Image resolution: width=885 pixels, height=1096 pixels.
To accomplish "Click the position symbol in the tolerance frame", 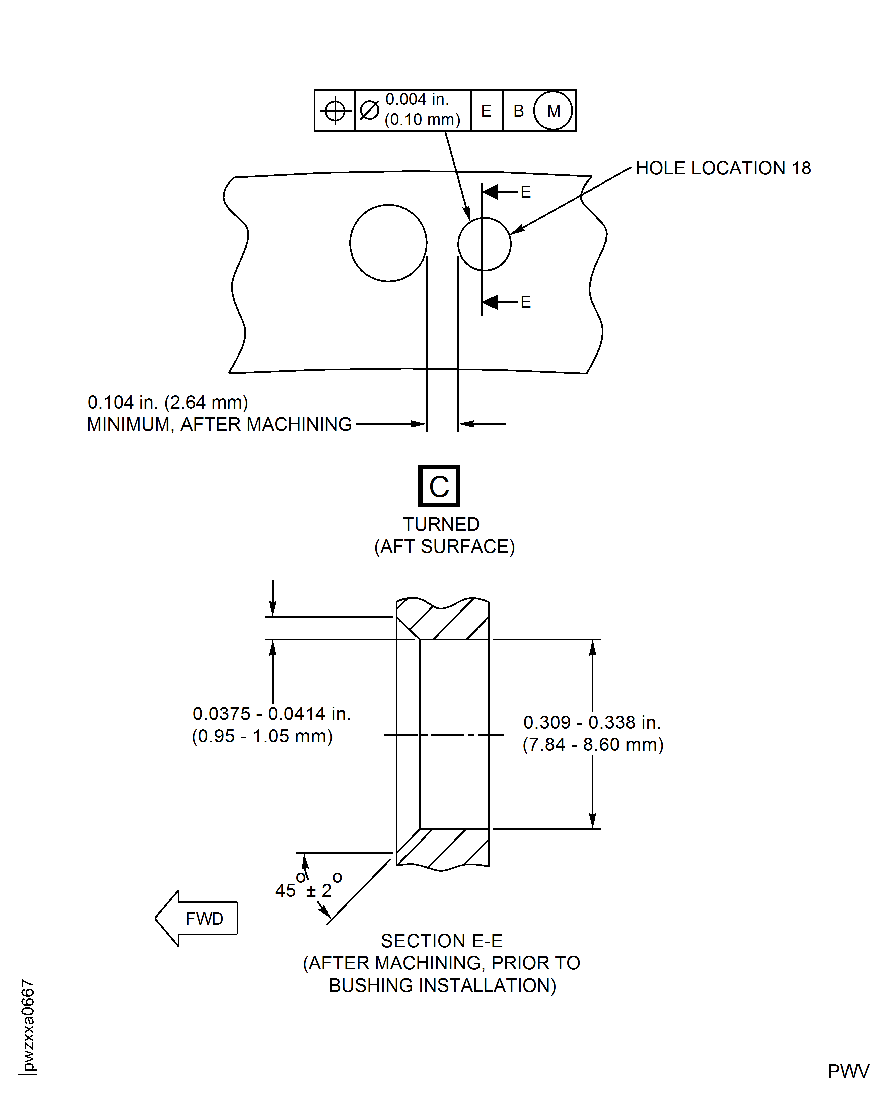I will pyautogui.click(x=335, y=111).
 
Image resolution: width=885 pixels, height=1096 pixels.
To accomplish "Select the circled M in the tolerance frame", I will pyautogui.click(x=553, y=111).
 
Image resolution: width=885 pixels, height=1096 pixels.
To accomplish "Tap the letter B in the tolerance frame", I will pyautogui.click(x=518, y=111).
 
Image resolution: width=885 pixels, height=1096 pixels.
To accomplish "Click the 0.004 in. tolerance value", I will pyautogui.click(x=417, y=99).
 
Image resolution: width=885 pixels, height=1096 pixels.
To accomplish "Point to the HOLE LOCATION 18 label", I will pyautogui.click(x=723, y=168).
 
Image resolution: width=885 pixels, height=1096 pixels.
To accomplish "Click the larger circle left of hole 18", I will pyautogui.click(x=388, y=243).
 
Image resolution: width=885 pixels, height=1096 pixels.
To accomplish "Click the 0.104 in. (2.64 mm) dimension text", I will pyautogui.click(x=168, y=402).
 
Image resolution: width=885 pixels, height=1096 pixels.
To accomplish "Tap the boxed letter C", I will pyautogui.click(x=439, y=486).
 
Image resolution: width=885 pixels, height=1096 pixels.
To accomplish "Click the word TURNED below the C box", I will pyautogui.click(x=441, y=524).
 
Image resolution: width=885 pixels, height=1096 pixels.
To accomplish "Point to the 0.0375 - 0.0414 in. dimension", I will pyautogui.click(x=271, y=714).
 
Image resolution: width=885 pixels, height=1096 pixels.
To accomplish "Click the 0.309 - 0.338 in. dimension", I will pyautogui.click(x=592, y=722).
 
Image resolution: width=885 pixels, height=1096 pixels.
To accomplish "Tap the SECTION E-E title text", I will pyautogui.click(x=441, y=941).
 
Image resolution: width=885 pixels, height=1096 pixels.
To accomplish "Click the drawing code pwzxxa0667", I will pyautogui.click(x=28, y=1025).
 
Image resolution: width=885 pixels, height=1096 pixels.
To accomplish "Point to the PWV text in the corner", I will pyautogui.click(x=848, y=1071).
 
